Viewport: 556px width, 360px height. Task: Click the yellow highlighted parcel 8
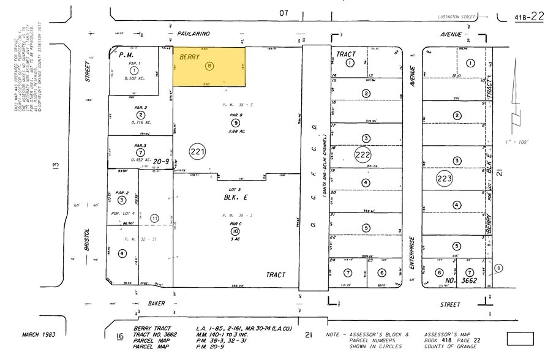click(x=209, y=66)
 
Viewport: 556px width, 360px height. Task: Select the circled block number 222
click(x=363, y=155)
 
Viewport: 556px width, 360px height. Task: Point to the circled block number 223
click(x=443, y=179)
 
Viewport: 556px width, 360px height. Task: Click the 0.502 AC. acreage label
click(x=133, y=78)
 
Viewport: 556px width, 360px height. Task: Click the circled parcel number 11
click(x=154, y=217)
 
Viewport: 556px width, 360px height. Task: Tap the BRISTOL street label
click(x=88, y=240)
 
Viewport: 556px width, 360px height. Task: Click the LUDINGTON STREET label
click(x=457, y=18)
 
